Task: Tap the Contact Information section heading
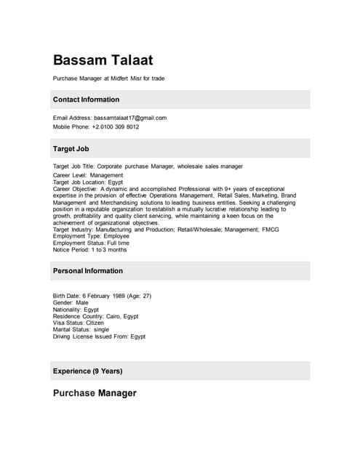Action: [x=86, y=100]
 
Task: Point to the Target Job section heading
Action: [x=71, y=148]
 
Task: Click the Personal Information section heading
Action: [x=88, y=271]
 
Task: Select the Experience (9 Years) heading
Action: [x=87, y=371]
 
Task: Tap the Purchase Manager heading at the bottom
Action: [x=95, y=393]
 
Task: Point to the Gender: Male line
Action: [x=71, y=303]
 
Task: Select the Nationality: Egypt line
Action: [x=76, y=310]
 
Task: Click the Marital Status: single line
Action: [x=81, y=330]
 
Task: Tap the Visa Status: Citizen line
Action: [x=79, y=323]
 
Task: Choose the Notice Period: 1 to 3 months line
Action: [x=89, y=250]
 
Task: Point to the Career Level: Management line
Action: [x=88, y=175]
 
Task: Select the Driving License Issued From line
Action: [x=99, y=336]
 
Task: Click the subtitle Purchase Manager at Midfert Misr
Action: [x=108, y=78]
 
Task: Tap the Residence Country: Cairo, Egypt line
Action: [x=95, y=316]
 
